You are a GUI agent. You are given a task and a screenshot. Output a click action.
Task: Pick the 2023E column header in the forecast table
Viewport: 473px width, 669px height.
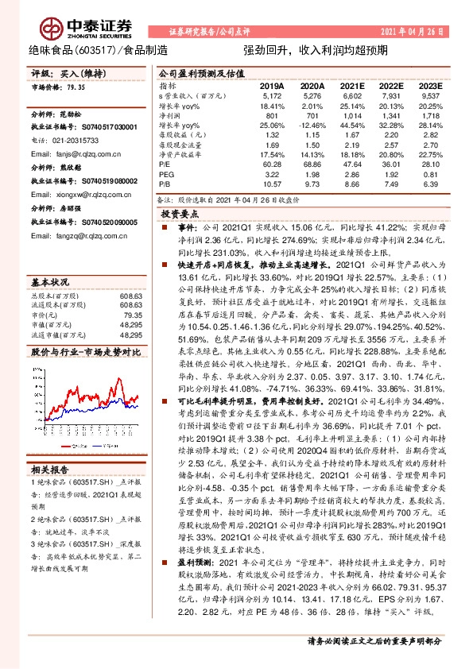pyautogui.click(x=429, y=85)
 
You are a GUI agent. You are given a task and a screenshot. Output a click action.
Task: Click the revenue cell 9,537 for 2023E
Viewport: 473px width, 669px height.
pyautogui.click(x=430, y=95)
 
